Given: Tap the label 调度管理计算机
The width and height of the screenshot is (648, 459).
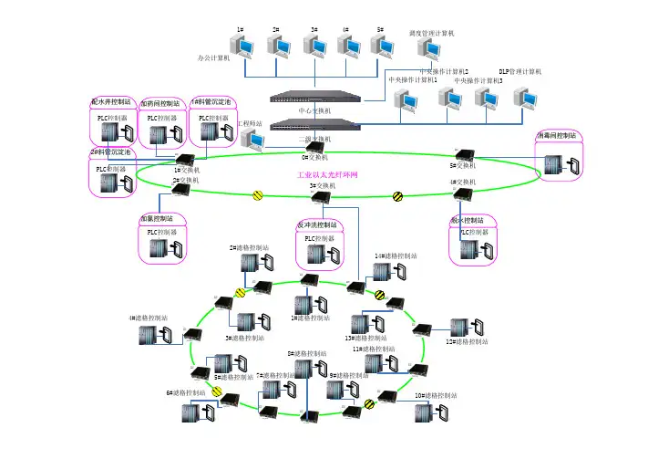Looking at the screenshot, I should point(432,33).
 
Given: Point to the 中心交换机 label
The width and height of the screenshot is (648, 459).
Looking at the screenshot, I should point(315,110).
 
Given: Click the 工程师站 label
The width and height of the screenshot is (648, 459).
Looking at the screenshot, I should point(250,122).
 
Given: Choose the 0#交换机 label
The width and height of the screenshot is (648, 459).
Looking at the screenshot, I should point(315,157).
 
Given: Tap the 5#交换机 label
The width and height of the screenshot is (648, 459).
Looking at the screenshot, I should point(463,166).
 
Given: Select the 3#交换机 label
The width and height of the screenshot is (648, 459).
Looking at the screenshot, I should point(324,186).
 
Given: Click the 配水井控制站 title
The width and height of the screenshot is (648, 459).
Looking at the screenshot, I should point(110,101).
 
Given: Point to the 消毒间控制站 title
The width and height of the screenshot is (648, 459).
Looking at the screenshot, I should point(557,135).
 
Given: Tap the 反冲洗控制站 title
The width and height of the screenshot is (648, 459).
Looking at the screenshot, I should point(317,224).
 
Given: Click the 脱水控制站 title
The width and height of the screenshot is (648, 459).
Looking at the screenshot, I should point(468,220).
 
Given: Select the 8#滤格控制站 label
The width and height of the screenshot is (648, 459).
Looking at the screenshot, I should point(307,353).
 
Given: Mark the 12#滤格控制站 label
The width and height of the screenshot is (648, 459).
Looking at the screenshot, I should point(466,342).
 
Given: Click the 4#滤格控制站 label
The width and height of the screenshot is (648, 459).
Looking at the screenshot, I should point(149,318).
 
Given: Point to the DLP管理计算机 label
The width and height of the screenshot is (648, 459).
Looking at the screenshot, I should point(519,70).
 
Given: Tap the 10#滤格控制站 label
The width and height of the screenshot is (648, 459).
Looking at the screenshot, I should point(436,395).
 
